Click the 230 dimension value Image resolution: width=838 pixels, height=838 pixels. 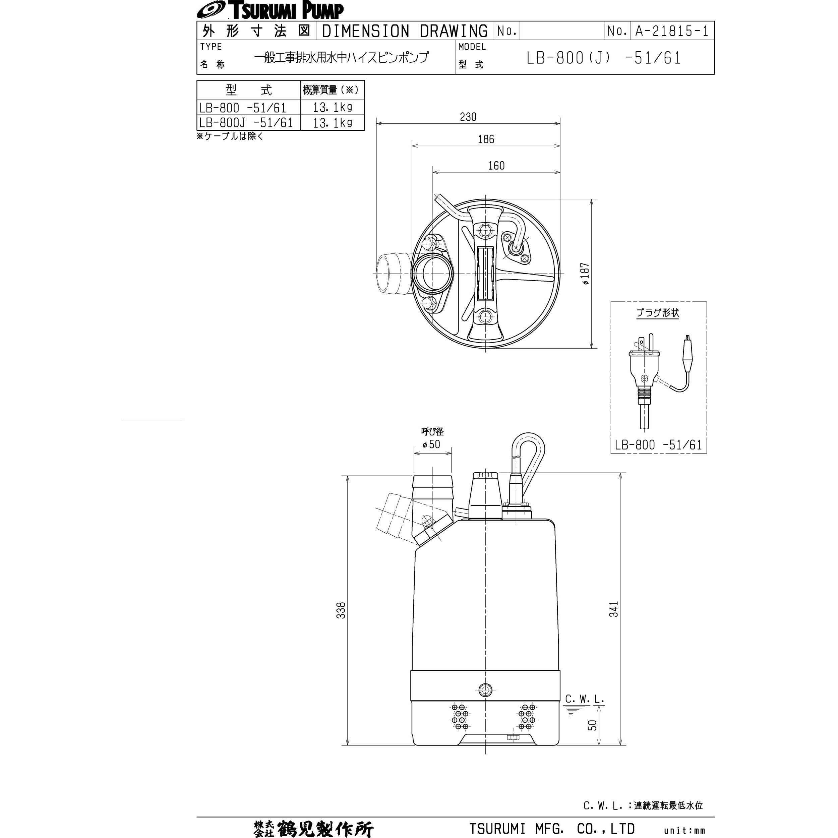(x=468, y=117)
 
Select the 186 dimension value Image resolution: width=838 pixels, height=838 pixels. (x=485, y=139)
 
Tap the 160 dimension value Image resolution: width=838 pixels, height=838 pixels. (x=496, y=166)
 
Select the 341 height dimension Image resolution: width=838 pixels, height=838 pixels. (x=613, y=609)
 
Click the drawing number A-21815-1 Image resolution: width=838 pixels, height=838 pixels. (x=671, y=31)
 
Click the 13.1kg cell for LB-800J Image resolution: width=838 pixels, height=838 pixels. (x=332, y=123)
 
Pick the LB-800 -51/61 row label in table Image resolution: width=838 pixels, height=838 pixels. (x=242, y=108)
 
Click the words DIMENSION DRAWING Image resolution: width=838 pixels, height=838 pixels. (x=405, y=31)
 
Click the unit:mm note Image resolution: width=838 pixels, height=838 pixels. (x=684, y=831)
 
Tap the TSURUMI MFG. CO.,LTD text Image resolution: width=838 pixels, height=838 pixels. (x=552, y=829)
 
